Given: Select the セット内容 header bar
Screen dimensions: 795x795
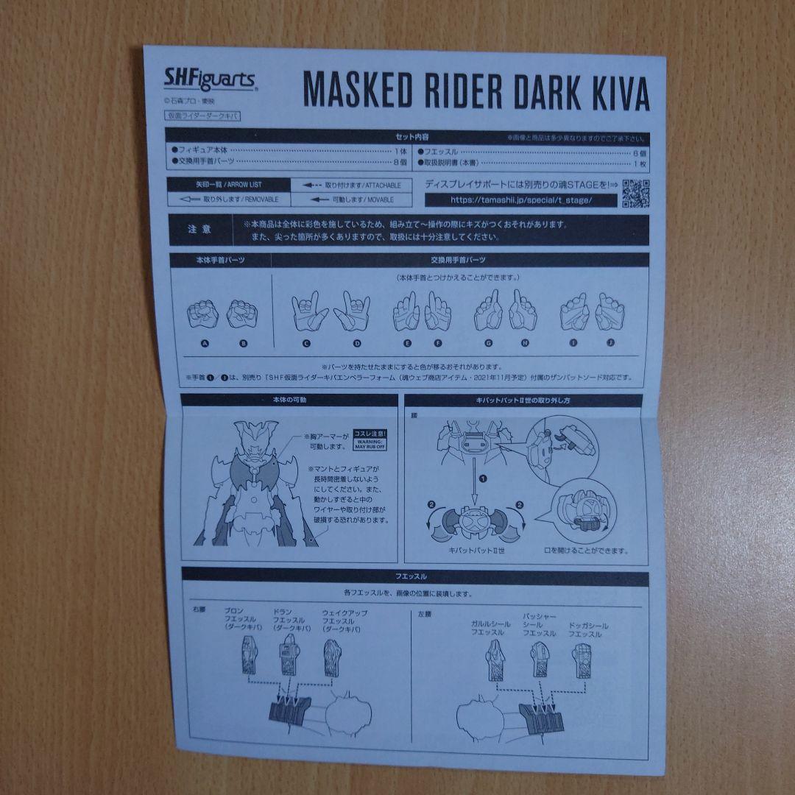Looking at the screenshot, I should [x=406, y=137].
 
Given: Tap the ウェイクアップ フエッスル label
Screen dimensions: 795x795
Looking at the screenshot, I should [x=344, y=622].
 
